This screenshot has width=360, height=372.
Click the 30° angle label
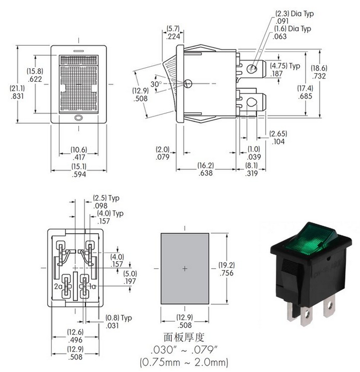click(x=156, y=84)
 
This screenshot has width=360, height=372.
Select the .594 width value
click(x=78, y=174)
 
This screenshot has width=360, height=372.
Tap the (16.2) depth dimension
click(x=206, y=166)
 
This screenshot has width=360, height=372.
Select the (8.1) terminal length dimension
click(x=251, y=166)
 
